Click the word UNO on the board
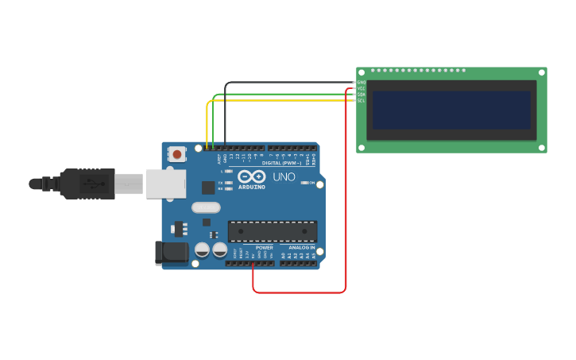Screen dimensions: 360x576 (284, 176)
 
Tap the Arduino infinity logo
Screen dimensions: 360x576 (251, 176)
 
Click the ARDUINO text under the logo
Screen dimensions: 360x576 (251, 187)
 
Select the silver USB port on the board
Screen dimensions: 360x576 (165, 184)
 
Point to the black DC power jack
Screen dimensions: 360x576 (171, 254)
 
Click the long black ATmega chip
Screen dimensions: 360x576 (273, 231)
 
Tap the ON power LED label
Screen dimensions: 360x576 (312, 183)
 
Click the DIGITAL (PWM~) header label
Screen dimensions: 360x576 (281, 162)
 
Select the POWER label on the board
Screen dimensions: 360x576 (265, 247)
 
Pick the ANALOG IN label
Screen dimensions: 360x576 (301, 247)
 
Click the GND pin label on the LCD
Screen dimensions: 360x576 (361, 83)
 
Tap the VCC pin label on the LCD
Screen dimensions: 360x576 (361, 88)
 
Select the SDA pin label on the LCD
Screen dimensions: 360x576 (361, 95)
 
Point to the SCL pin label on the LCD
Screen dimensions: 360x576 (361, 100)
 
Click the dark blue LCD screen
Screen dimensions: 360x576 (450, 110)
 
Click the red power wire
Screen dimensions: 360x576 (346, 199)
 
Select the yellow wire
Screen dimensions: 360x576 (208, 119)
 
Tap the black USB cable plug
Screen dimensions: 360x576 (87, 184)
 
